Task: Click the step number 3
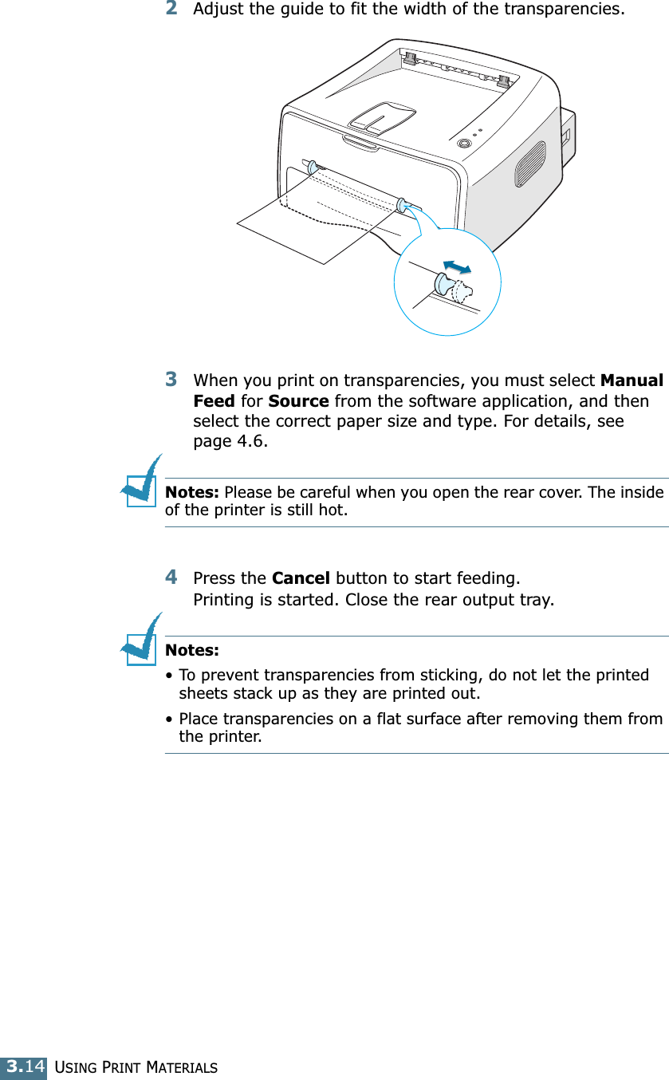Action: click(171, 377)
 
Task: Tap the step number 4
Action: click(171, 575)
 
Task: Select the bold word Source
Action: click(298, 401)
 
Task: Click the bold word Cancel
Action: click(301, 577)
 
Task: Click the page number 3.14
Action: click(25, 1066)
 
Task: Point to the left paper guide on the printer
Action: click(312, 167)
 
